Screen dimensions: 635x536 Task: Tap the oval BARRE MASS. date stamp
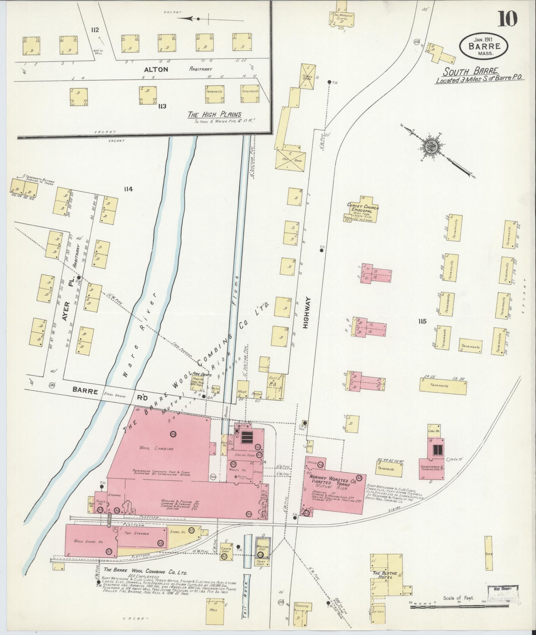tap(483, 45)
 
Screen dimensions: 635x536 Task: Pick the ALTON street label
tap(156, 69)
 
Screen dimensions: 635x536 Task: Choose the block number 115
tap(422, 321)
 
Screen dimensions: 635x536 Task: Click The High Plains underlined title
tap(214, 115)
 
